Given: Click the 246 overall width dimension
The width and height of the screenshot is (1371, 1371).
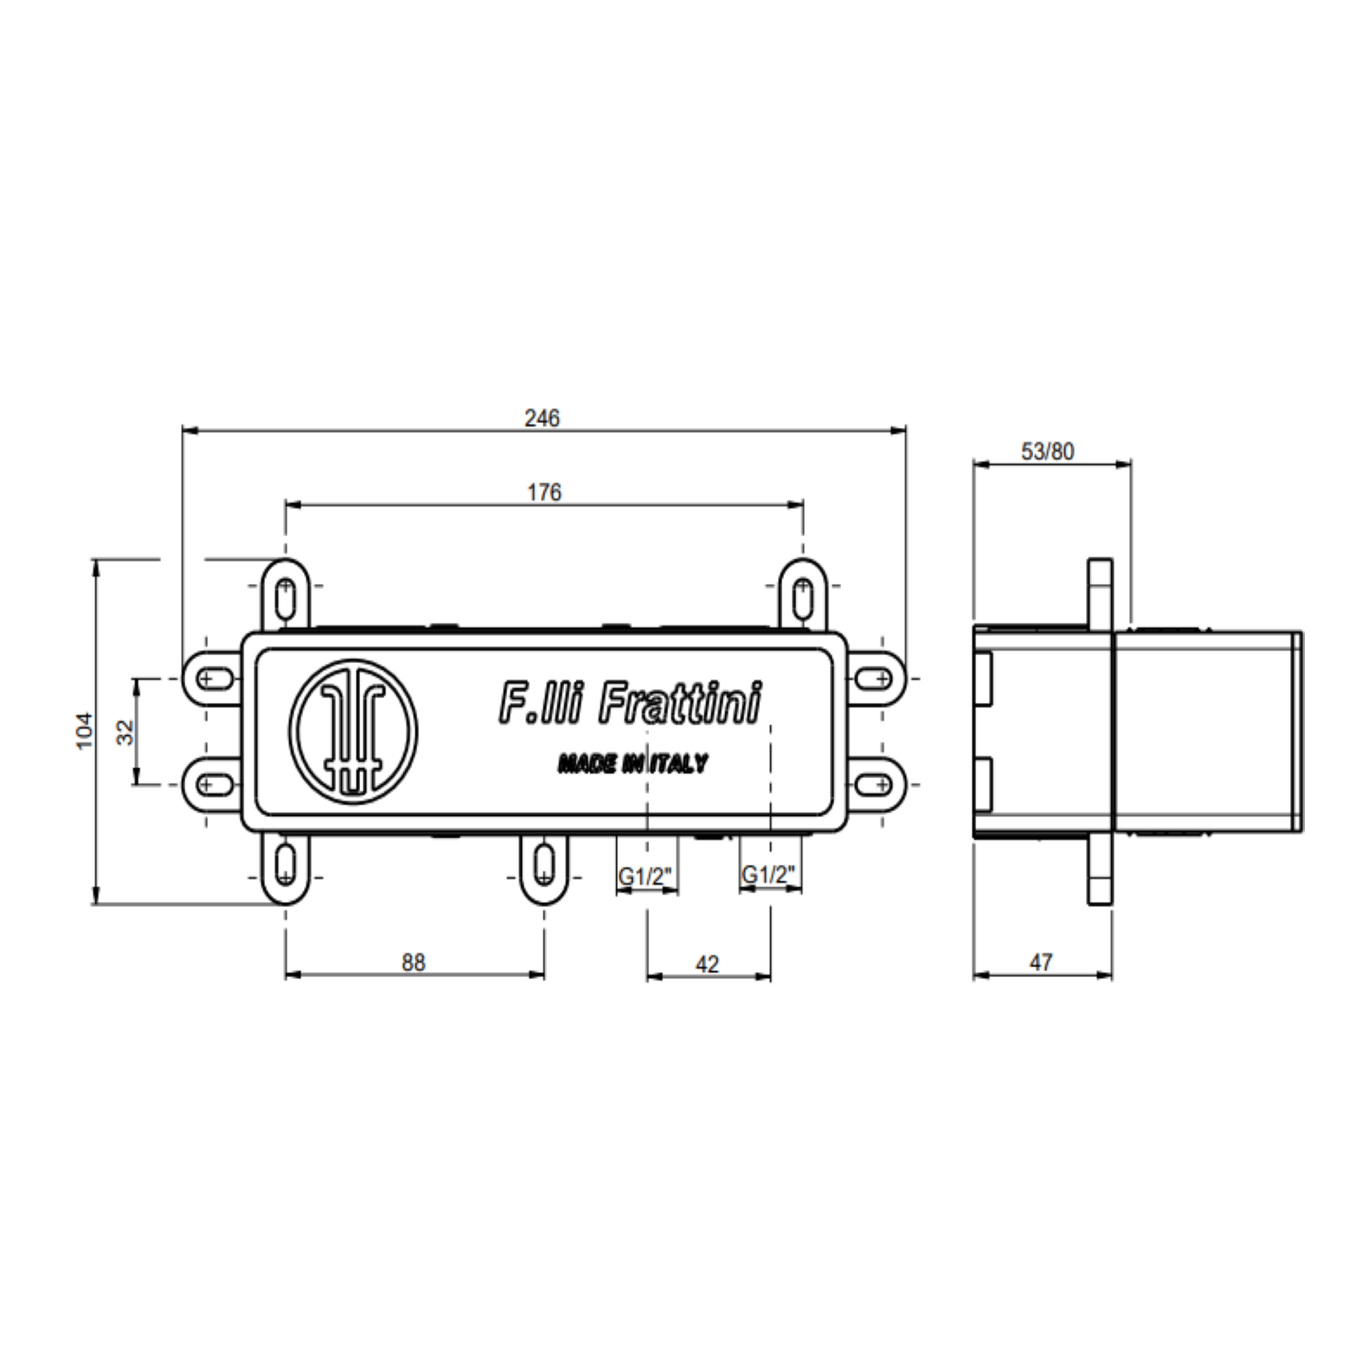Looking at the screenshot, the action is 542,418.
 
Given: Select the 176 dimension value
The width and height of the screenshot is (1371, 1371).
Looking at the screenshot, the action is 544,492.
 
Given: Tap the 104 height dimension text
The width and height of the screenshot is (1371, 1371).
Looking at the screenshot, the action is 85,730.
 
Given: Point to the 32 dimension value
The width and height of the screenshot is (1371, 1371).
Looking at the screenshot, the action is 125,732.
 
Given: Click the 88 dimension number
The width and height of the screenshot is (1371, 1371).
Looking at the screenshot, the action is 414,962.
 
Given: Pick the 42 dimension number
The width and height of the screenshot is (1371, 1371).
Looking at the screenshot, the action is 708,964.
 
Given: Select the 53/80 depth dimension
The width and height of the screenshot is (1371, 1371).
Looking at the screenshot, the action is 1048,451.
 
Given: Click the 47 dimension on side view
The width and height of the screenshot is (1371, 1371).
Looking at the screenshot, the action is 1041,962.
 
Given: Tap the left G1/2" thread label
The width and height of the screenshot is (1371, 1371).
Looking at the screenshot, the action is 647,875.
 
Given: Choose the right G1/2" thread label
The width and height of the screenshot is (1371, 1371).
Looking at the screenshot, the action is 769,874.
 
